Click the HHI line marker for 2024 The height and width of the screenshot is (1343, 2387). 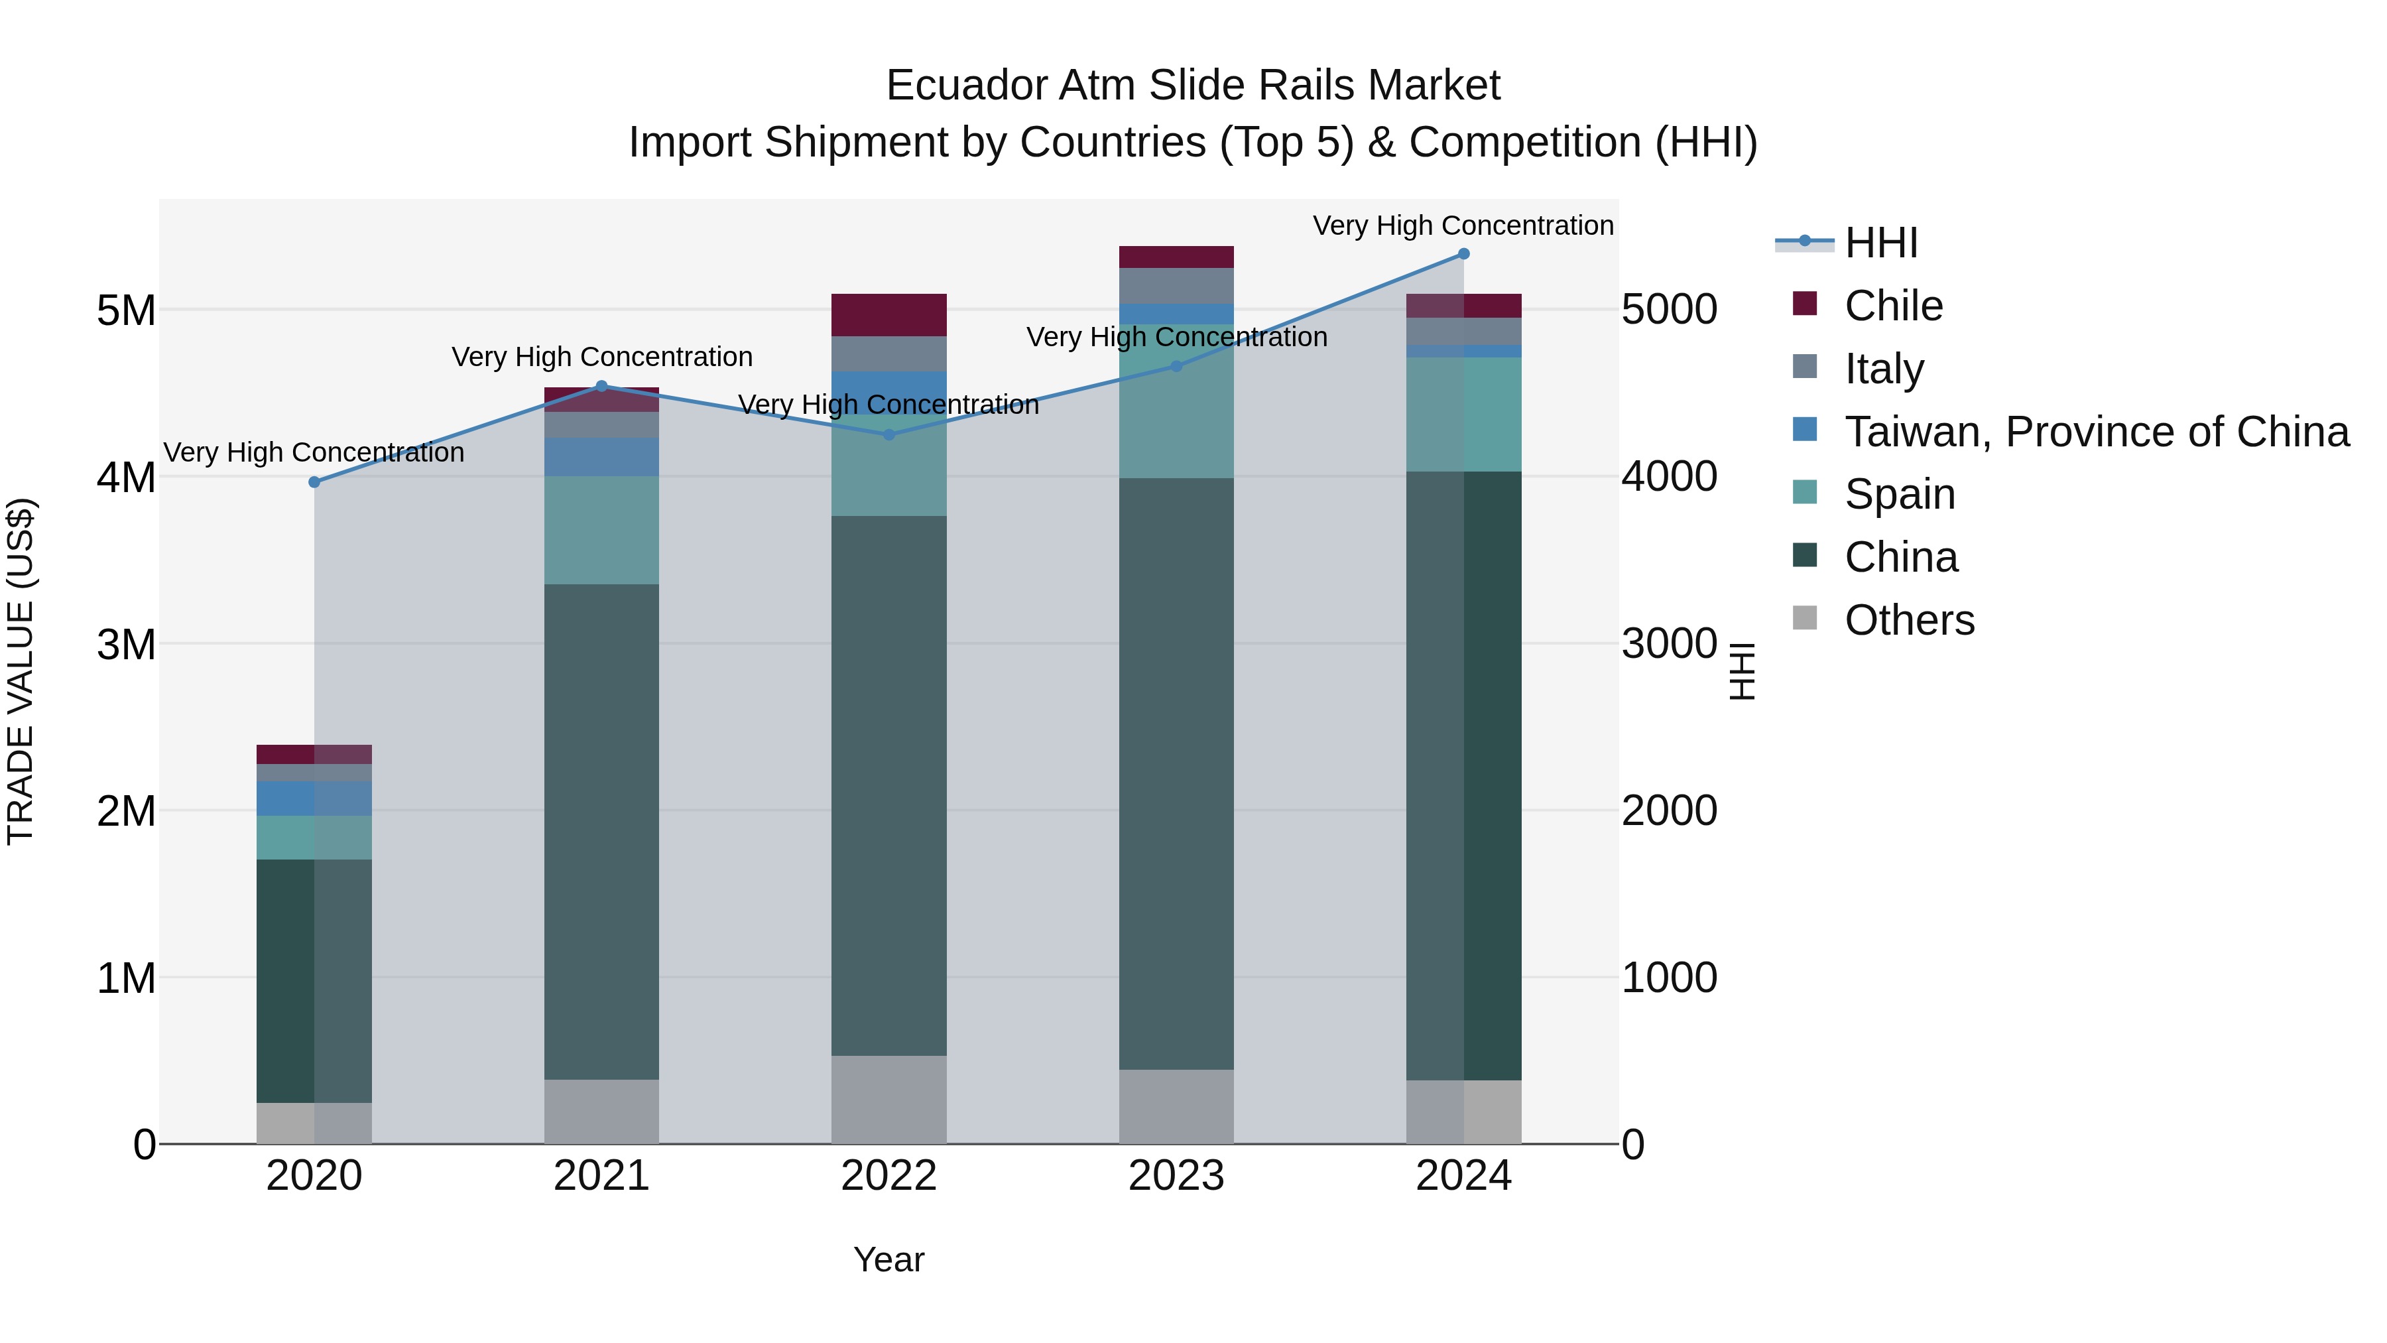(x=1463, y=253)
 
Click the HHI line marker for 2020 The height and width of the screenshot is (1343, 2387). (x=314, y=482)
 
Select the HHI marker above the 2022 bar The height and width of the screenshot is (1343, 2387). (x=888, y=434)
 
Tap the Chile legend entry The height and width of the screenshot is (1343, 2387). (x=1892, y=306)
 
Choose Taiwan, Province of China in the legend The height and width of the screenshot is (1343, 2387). (x=2096, y=432)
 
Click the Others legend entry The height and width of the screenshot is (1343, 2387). (x=1909, y=620)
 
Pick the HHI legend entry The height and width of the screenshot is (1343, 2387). (x=1880, y=243)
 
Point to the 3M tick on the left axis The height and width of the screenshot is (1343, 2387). (x=126, y=643)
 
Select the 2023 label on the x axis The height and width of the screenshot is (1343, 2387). (x=1176, y=1176)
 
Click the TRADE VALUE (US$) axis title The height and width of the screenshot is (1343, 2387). (x=21, y=671)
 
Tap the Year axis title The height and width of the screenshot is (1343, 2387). (x=888, y=1259)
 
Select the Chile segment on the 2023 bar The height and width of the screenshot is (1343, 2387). (x=1176, y=257)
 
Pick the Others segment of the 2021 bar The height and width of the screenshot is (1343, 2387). (x=601, y=1112)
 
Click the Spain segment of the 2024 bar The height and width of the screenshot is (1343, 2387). (x=1463, y=415)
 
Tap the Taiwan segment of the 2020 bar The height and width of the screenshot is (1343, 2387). (x=314, y=798)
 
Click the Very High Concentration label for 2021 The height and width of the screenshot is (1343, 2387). (x=601, y=357)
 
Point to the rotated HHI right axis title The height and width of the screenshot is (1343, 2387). (x=1742, y=671)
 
